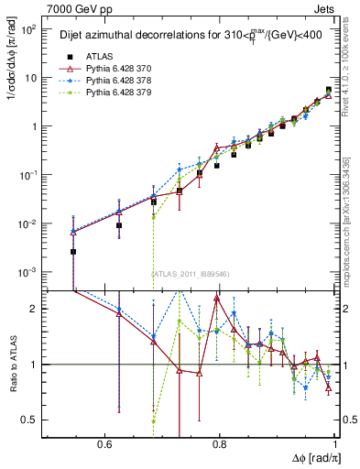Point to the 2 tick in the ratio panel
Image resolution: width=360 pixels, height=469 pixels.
[37, 309]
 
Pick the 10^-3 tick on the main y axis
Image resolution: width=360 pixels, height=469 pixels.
[29, 272]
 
